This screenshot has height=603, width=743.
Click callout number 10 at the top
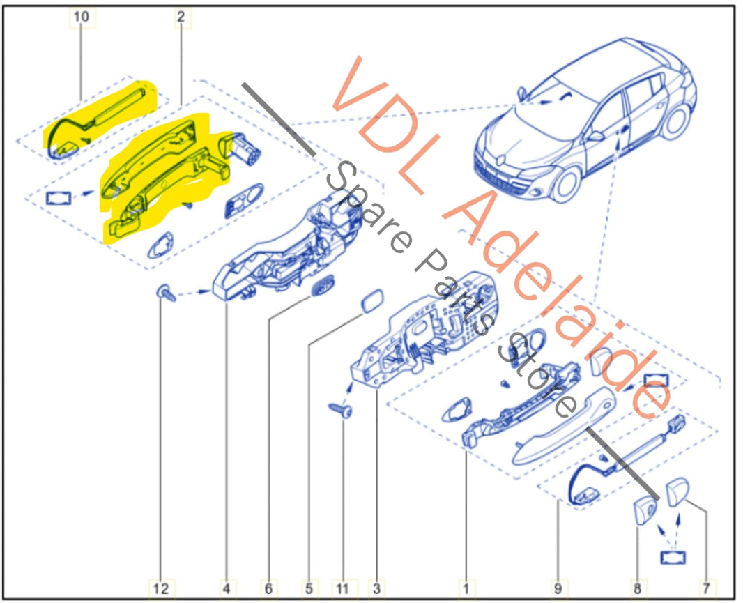point(82,17)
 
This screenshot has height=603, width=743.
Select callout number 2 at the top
point(181,17)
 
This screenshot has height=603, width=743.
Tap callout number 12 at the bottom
point(161,589)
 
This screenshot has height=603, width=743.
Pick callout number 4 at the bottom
point(226,589)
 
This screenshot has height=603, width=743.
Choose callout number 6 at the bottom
point(268,589)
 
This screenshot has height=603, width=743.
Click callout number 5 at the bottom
point(308,589)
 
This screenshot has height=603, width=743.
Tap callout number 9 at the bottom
point(557,589)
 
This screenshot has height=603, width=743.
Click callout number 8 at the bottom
point(638,589)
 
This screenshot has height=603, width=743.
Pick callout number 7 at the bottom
point(707,589)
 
